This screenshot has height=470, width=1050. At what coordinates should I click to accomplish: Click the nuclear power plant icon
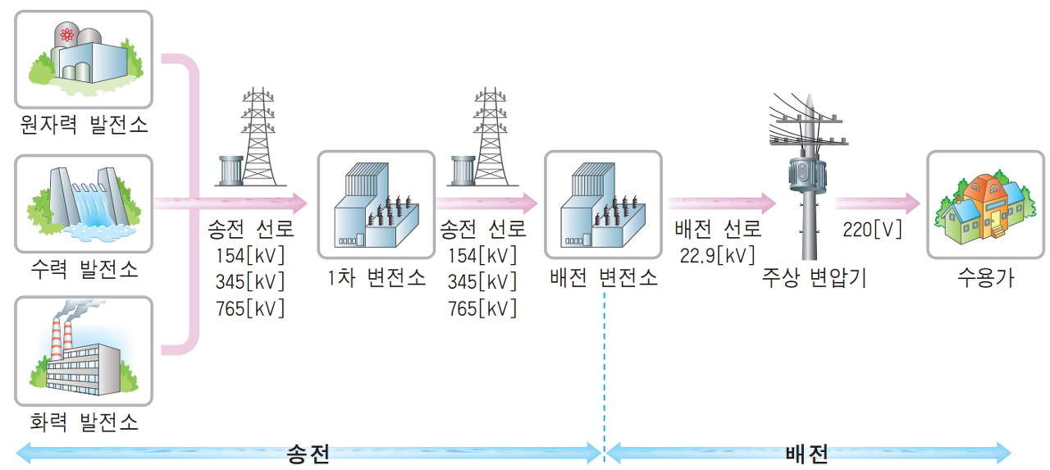(84, 57)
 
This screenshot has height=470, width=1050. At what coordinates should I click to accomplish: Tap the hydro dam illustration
(84, 203)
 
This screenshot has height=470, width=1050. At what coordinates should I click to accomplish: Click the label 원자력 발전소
(84, 125)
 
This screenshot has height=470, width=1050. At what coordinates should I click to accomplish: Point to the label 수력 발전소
(84, 268)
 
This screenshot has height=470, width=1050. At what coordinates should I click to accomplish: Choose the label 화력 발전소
(84, 422)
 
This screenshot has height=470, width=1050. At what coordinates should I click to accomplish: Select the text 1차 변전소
(376, 277)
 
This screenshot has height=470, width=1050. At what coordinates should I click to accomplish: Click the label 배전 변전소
(603, 277)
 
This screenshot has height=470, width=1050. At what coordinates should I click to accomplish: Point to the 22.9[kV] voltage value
(717, 255)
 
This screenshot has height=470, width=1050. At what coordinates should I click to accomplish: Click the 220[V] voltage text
(872, 229)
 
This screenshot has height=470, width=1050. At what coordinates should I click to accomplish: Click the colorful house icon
(981, 205)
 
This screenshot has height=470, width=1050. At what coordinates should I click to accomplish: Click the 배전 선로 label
(717, 229)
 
